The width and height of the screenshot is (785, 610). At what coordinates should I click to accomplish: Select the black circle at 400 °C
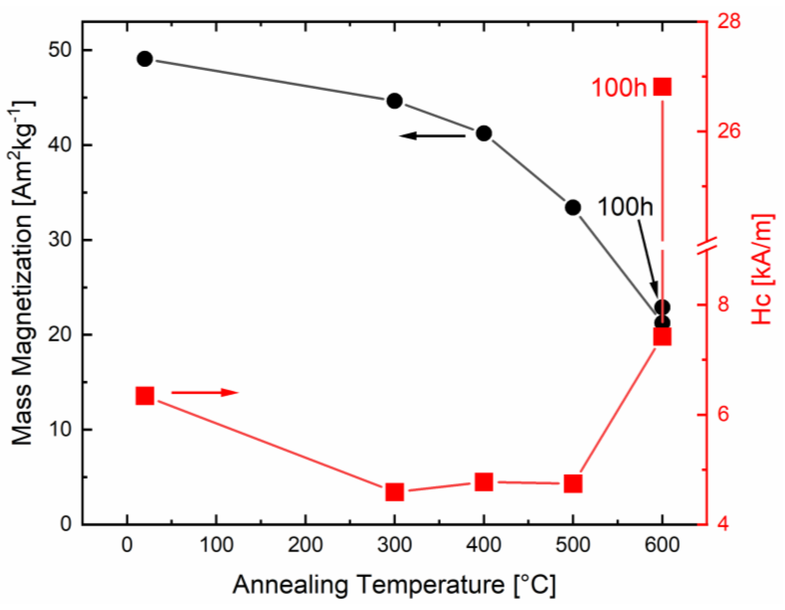[x=484, y=134]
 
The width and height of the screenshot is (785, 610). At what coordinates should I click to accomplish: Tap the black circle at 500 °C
[x=573, y=207]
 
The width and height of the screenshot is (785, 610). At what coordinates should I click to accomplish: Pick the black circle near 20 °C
[x=145, y=59]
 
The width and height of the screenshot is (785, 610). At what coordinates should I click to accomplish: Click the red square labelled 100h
[x=662, y=87]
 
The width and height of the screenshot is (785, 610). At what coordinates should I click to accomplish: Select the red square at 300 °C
[x=395, y=492]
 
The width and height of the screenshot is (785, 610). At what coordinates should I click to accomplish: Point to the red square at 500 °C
[x=573, y=484]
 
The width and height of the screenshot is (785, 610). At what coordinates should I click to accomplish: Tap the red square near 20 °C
[x=145, y=396]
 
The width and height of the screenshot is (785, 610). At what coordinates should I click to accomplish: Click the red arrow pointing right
[x=205, y=392]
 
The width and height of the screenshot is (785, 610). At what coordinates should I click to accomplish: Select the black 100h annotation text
[x=625, y=207]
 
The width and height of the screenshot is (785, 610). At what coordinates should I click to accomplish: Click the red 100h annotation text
[x=619, y=88]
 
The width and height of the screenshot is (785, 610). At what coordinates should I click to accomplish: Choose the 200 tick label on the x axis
[x=305, y=544]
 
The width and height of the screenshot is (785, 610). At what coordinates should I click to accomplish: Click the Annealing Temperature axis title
[x=394, y=585]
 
